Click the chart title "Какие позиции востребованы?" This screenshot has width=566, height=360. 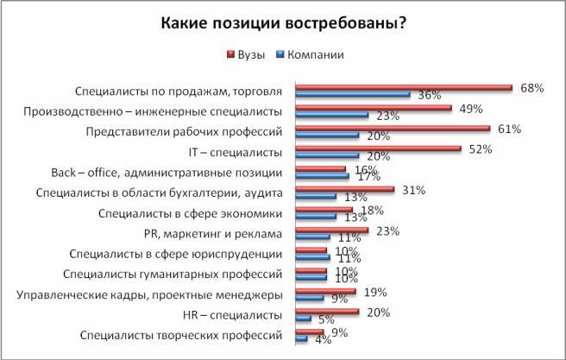click(284, 23)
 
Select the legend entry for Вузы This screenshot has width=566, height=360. click(247, 54)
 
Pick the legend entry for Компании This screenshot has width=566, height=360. click(310, 54)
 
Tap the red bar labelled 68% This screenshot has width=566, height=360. click(403, 87)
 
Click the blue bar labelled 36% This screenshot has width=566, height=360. click(352, 94)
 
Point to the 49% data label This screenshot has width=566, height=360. click(470, 109)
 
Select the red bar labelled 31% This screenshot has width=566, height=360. click(344, 190)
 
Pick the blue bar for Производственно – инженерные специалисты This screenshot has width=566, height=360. click(332, 115)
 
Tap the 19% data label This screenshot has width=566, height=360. click(374, 292)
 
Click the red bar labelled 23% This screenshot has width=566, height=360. click(332, 231)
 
